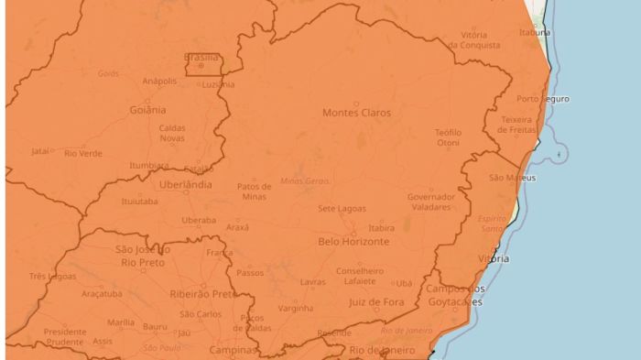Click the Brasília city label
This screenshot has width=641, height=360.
(201, 57)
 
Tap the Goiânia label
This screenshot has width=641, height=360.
(147, 109)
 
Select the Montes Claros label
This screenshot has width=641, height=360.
(356, 113)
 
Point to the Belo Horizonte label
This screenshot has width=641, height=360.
(353, 242)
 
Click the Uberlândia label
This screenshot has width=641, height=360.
(186, 184)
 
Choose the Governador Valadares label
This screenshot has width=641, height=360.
(431, 202)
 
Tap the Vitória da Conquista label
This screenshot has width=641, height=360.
(474, 39)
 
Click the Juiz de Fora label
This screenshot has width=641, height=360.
(376, 301)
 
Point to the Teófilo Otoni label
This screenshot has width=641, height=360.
(448, 137)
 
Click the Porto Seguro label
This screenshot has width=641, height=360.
(543, 99)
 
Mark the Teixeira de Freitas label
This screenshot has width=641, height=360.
(516, 125)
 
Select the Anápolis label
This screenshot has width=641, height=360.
(159, 81)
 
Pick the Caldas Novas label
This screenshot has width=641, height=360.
(172, 133)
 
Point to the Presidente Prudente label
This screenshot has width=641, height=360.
(65, 336)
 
